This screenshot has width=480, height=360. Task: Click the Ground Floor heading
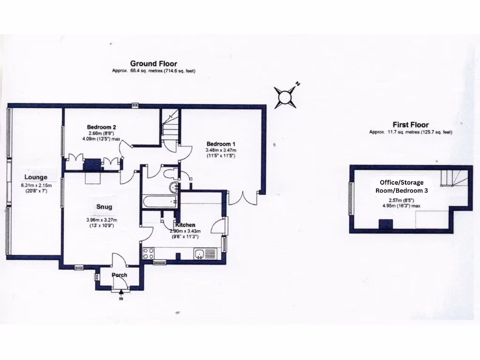(x=153, y=64)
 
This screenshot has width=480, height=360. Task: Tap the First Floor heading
(x=411, y=125)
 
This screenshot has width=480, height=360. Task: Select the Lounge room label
(x=36, y=177)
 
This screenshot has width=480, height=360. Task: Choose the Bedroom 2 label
(x=101, y=127)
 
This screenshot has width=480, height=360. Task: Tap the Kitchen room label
(x=185, y=225)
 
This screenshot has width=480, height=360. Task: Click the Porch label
(x=119, y=275)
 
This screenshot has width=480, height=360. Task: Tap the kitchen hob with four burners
(x=149, y=254)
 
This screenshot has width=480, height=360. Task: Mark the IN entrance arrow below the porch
(x=121, y=293)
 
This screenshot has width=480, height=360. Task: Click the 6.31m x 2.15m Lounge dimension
(x=36, y=185)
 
